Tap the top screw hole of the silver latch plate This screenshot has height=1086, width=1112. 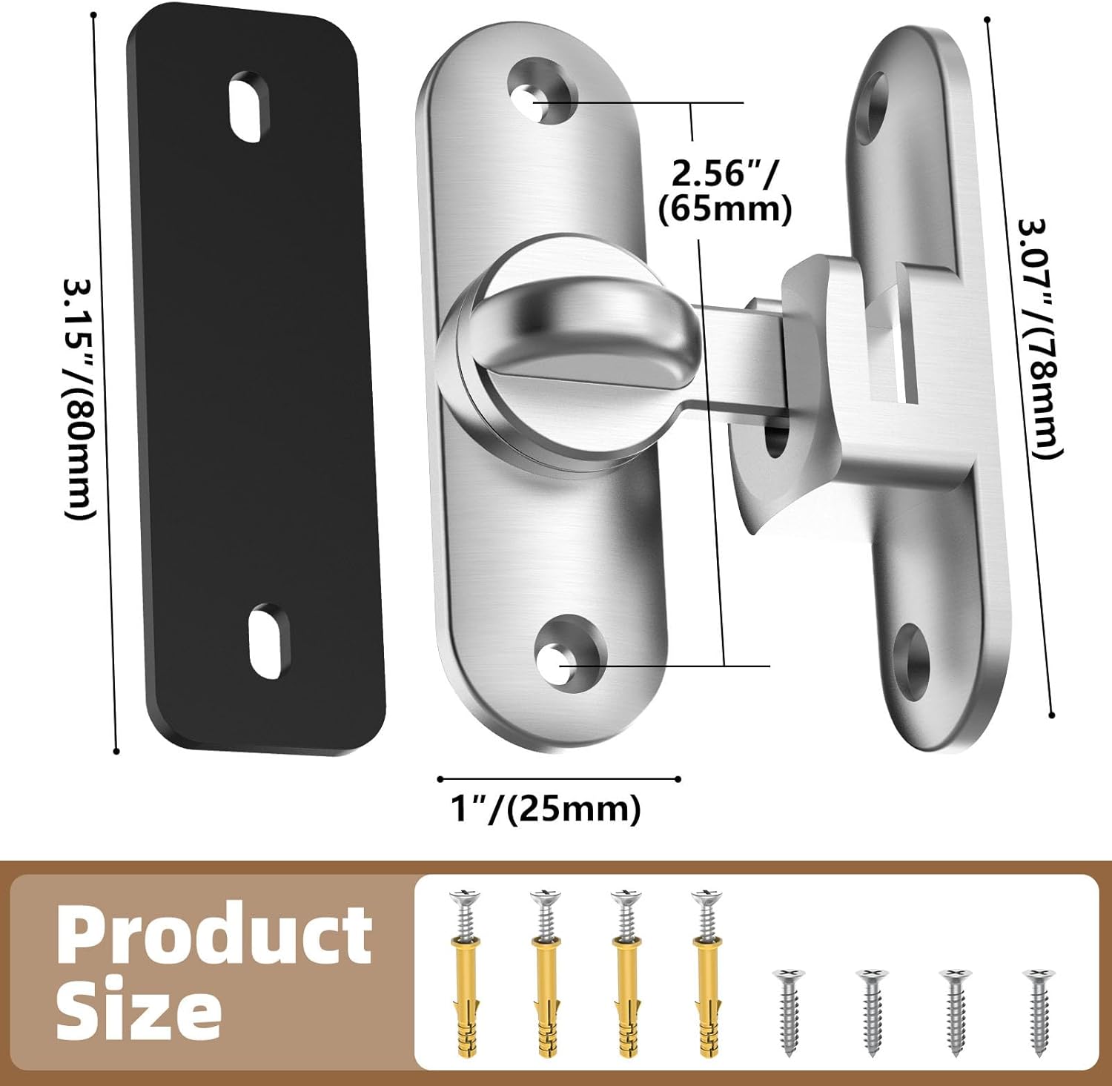(543, 93)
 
